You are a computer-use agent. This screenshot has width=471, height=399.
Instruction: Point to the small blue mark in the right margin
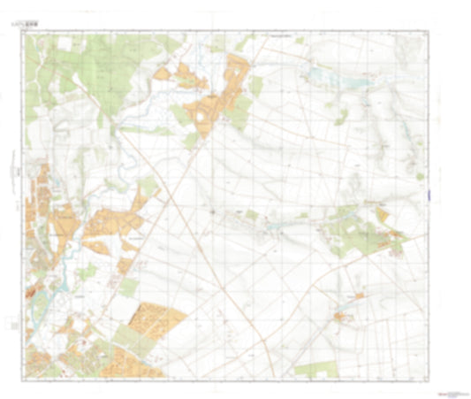point(421,176)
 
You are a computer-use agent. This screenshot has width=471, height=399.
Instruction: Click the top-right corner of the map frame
point(426,34)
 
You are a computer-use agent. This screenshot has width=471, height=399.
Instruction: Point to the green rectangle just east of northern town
point(256,86)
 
